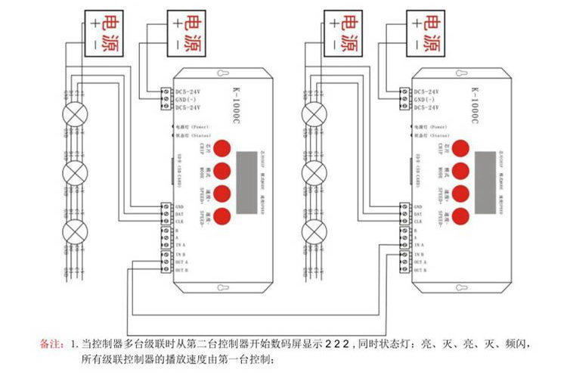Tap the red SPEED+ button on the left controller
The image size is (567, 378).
point(222,194)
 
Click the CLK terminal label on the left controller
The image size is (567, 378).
point(180,223)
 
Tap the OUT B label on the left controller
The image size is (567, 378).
point(181,270)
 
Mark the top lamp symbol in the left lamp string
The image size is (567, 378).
point(76,114)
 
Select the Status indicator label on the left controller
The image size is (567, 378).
point(194,137)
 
